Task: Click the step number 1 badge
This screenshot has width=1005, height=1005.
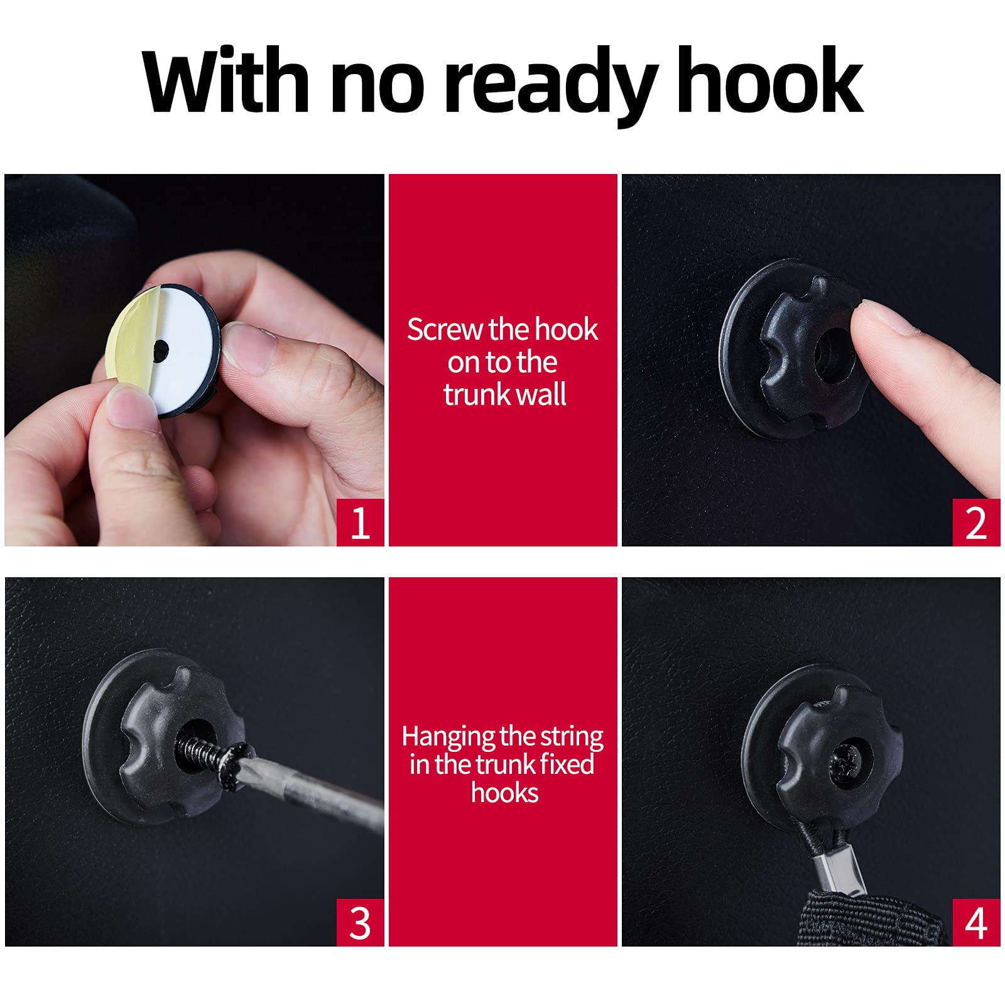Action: click(x=360, y=523)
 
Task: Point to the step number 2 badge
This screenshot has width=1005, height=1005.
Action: click(x=976, y=523)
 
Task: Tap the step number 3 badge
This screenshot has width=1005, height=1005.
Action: click(x=360, y=922)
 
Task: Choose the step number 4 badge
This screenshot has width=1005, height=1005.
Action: click(x=976, y=922)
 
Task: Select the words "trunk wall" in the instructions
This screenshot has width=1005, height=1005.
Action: click(x=505, y=394)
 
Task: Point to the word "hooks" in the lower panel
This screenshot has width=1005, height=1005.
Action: click(x=505, y=793)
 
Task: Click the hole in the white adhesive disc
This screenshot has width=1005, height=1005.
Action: click(x=161, y=347)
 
